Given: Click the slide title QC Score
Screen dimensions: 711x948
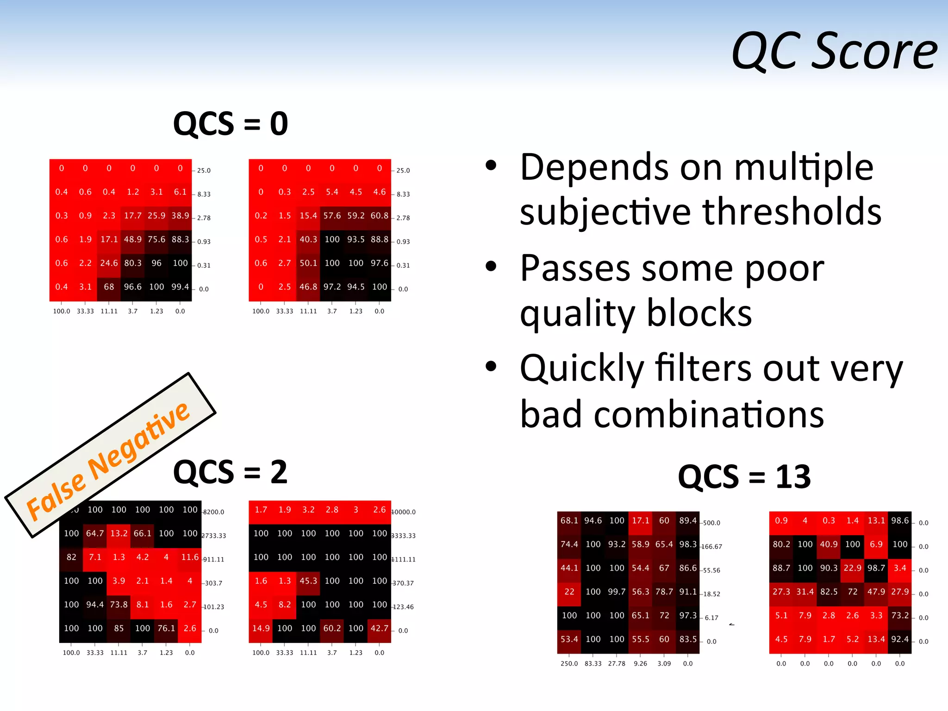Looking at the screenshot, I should (x=834, y=51).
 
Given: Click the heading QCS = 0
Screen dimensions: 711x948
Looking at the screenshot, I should (x=230, y=124).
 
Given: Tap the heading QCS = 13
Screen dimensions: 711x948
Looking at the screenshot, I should (x=744, y=477).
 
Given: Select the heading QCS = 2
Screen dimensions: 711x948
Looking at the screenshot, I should (x=230, y=472).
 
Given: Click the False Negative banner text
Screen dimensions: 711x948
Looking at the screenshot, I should (x=108, y=461).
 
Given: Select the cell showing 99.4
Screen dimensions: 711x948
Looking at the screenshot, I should (x=180, y=287).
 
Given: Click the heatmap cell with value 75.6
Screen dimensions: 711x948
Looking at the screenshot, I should (x=156, y=239).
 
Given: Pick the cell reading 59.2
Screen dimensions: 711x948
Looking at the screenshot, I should (x=355, y=216).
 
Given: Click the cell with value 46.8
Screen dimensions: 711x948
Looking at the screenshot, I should (x=308, y=287).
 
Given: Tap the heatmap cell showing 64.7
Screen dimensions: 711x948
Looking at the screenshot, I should (x=95, y=533).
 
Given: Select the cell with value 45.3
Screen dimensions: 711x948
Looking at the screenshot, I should (x=308, y=580).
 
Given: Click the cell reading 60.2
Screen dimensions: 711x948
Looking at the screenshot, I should (x=332, y=628).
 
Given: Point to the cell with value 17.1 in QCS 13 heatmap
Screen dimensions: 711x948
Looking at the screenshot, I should (x=640, y=521).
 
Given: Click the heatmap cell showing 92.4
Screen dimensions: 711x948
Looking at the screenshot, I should (x=900, y=639).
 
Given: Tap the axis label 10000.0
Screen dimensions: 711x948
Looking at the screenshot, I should (x=404, y=512).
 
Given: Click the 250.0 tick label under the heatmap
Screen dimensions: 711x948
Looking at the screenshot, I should (x=569, y=663).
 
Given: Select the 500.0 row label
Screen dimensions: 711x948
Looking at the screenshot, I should (x=711, y=523).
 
